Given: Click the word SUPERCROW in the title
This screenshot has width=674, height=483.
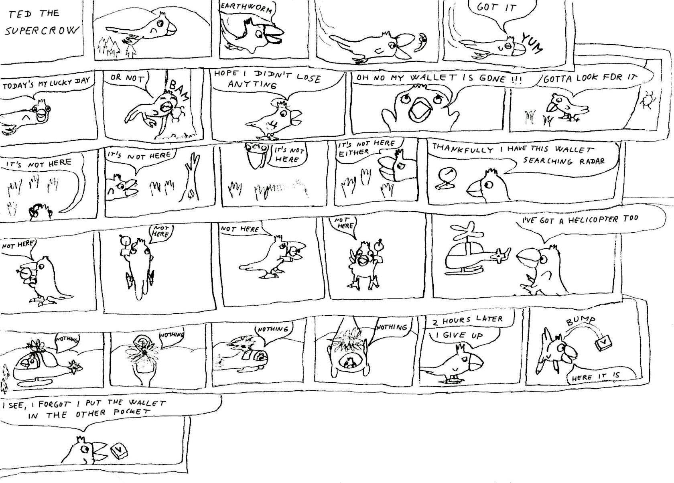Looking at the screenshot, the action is point(42,30).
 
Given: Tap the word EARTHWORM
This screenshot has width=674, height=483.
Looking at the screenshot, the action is point(246,8).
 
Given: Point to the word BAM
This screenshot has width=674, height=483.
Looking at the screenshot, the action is point(179,90).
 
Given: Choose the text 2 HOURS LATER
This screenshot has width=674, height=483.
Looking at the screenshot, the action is point(467,320).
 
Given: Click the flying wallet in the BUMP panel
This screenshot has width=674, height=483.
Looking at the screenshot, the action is point(603,343).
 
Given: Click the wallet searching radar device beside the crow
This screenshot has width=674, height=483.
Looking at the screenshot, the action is point(446,179).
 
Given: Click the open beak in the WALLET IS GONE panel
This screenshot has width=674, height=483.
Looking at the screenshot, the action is point(420,110).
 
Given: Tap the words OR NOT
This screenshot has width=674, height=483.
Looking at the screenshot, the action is point(127,78).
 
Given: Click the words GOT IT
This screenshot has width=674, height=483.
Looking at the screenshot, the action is point(496,7).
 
